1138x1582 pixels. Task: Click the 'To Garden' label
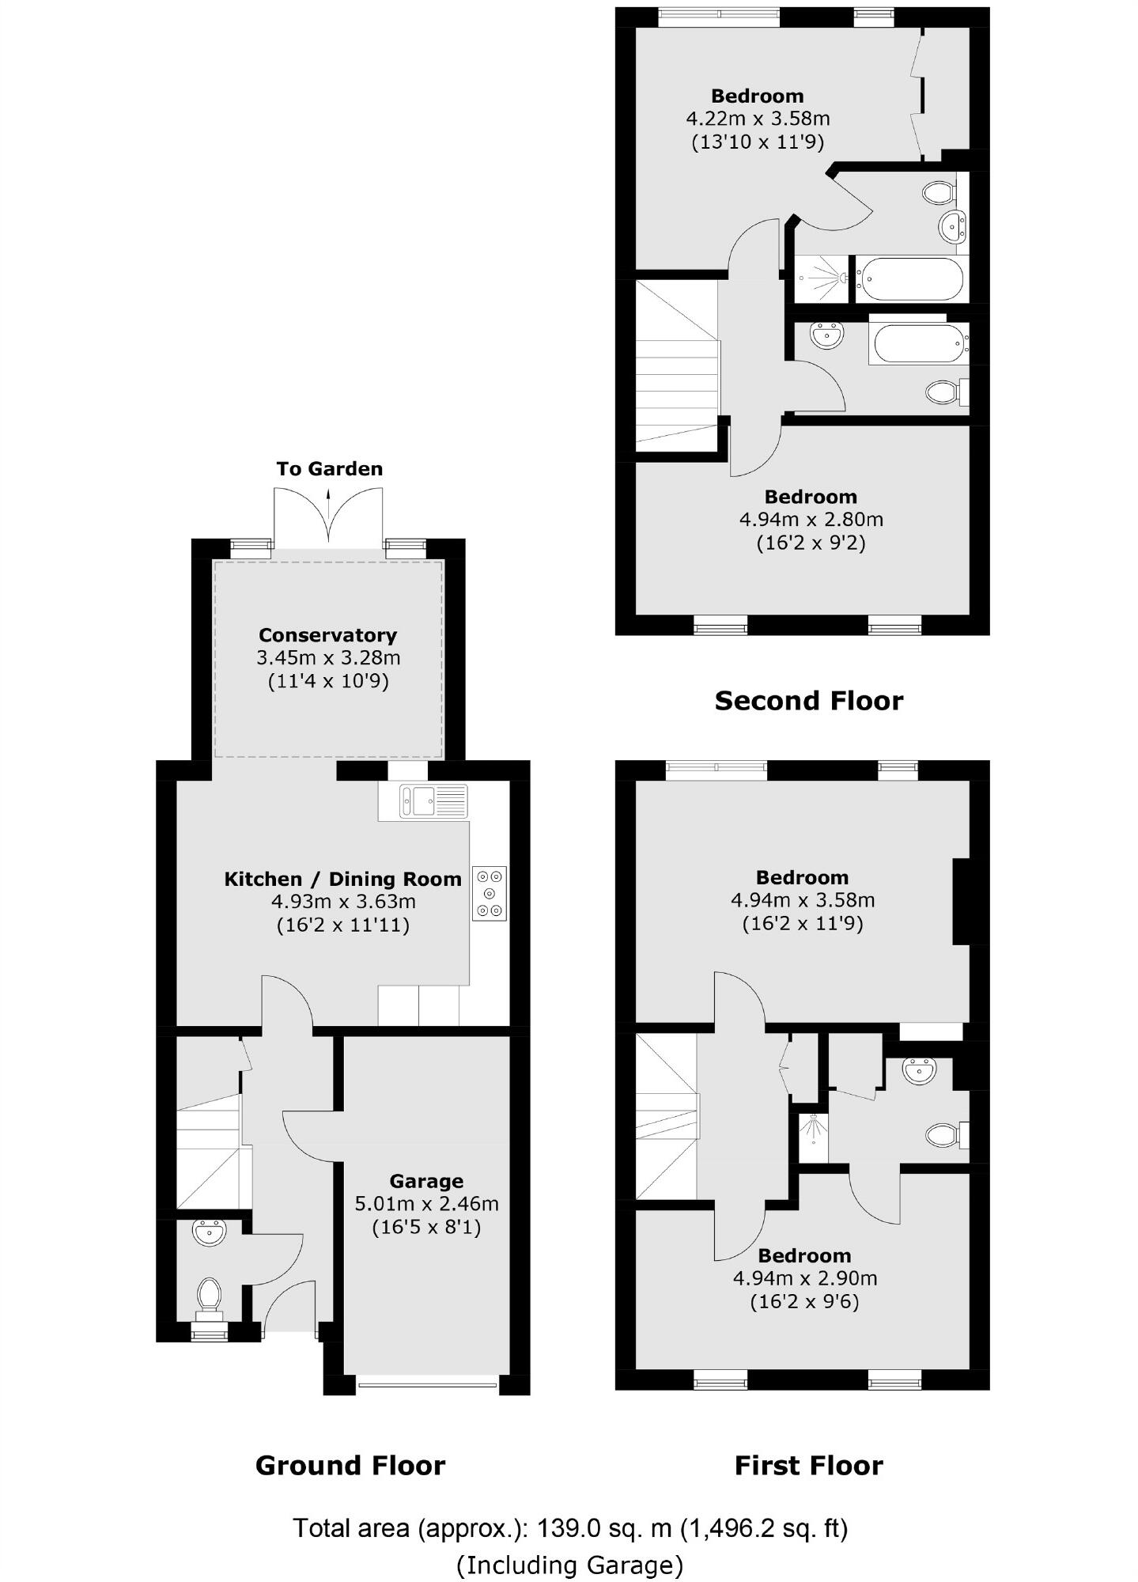point(329,469)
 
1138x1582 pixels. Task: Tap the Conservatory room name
point(327,635)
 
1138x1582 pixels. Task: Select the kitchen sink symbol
point(417,800)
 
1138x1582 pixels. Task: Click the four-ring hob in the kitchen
point(490,893)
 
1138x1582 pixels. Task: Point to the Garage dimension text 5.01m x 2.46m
point(426,1204)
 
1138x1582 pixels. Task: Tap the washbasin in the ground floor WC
point(210,1232)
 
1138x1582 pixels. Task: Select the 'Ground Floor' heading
point(350,1466)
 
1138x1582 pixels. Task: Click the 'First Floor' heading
point(808,1466)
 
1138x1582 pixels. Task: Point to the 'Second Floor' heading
point(808,701)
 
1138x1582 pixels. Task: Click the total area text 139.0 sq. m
point(569,1528)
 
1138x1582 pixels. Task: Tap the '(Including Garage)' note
point(569,1565)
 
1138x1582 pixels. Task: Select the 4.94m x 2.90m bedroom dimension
point(805,1278)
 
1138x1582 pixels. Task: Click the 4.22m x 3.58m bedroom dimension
point(758,119)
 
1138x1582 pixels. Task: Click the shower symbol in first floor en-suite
point(813,1131)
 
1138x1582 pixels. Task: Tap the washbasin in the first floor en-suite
point(920,1072)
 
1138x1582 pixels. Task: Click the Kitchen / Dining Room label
point(342,880)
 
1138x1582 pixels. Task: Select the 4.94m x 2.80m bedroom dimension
point(811,520)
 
